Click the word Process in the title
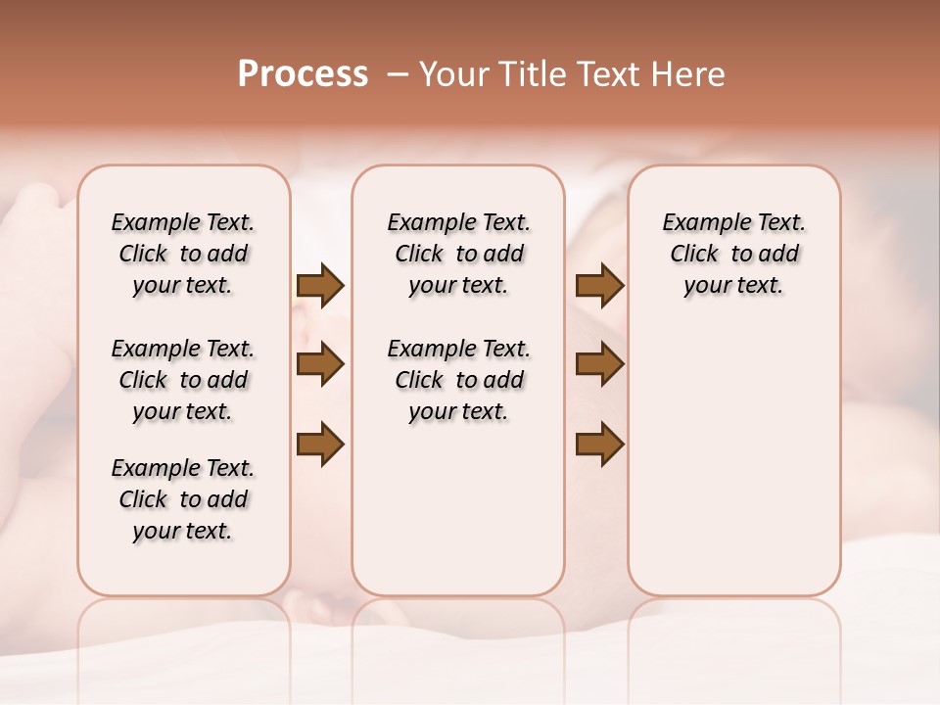coord(303,73)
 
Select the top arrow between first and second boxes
coord(320,285)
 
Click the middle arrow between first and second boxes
coord(320,365)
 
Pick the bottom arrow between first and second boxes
coord(320,445)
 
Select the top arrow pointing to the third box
coord(599,285)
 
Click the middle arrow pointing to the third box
coord(599,365)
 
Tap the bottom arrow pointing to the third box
coord(599,445)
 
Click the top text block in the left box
coord(183,254)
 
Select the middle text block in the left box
coord(183,380)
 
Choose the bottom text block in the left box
coord(183,499)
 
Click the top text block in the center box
coord(458,254)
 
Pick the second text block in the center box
coord(458,380)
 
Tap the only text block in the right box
coord(734,254)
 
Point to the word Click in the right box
coord(694,255)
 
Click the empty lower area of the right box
coord(734,460)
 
